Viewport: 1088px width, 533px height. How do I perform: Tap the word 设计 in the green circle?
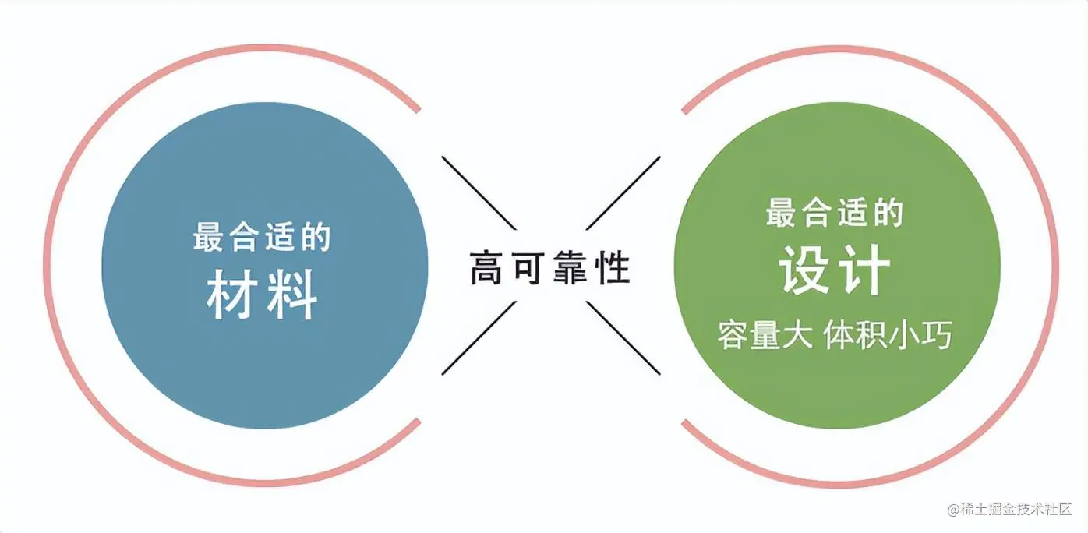tap(835, 270)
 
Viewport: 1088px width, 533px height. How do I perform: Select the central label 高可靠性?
tap(549, 268)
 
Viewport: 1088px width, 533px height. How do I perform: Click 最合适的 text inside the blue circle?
tap(263, 236)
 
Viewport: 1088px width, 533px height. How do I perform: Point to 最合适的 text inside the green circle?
tap(835, 212)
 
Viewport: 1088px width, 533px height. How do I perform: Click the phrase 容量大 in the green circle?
tap(765, 337)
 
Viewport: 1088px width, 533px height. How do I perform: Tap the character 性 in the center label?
tap(613, 268)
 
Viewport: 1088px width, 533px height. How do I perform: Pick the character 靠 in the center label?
tap(571, 268)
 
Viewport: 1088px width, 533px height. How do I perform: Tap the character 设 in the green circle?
tap(804, 270)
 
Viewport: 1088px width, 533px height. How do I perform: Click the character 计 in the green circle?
tap(865, 270)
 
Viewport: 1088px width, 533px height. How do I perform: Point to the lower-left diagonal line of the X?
tap(479, 337)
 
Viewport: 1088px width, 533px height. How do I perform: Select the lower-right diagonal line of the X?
tap(623, 337)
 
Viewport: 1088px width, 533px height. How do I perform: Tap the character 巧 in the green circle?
tap(938, 337)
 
